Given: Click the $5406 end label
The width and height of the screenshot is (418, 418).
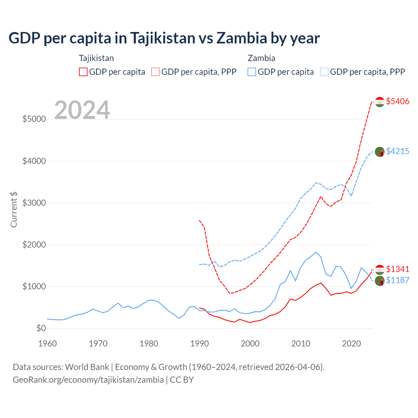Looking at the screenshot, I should [x=397, y=101].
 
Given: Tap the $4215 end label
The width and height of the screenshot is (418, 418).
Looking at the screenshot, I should [x=397, y=151].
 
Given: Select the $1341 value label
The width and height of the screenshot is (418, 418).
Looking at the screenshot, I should [x=397, y=269].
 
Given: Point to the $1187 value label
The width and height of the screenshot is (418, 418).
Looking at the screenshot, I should [x=397, y=280].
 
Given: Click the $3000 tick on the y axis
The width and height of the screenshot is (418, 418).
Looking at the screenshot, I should [x=34, y=203].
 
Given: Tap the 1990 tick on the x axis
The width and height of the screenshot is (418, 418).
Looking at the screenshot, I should [x=200, y=344].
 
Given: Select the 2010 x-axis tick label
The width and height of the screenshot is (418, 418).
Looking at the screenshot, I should [x=301, y=344].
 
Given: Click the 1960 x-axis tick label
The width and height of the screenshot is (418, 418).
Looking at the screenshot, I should [x=48, y=344].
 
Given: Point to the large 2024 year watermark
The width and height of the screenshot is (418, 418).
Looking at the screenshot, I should [x=82, y=110].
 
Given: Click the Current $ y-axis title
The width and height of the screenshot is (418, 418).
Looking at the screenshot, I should [x=14, y=209].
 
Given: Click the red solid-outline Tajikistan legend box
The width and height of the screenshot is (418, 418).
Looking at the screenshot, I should [x=83, y=72].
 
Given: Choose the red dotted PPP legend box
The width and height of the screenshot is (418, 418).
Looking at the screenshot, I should [x=155, y=72].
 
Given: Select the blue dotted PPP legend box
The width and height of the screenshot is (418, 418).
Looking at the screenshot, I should [x=324, y=72].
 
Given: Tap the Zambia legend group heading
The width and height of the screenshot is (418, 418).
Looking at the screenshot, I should [x=261, y=58].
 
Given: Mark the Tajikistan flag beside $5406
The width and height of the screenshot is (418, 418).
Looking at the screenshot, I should [x=379, y=102].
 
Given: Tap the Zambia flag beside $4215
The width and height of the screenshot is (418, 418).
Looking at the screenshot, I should [x=379, y=152].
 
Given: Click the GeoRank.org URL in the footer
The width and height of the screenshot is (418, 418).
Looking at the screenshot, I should [x=88, y=380].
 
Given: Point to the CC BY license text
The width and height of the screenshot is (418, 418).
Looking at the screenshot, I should [x=182, y=380].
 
